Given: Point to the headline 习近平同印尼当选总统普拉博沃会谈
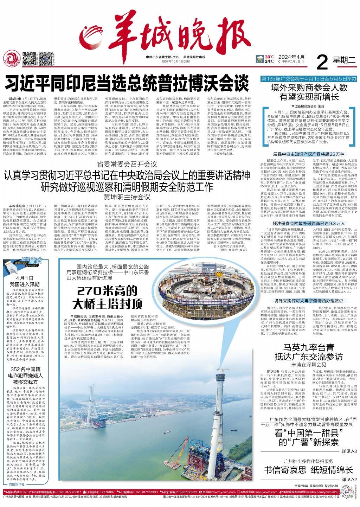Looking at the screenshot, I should click(127, 83).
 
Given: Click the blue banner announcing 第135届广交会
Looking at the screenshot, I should click(308, 79).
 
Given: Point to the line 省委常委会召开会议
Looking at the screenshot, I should click(127, 164).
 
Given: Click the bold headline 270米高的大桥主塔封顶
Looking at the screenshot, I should click(107, 297).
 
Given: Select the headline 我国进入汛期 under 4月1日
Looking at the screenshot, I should click(25, 284).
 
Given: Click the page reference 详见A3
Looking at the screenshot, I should click(349, 451).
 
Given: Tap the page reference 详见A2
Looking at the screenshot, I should click(349, 479).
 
